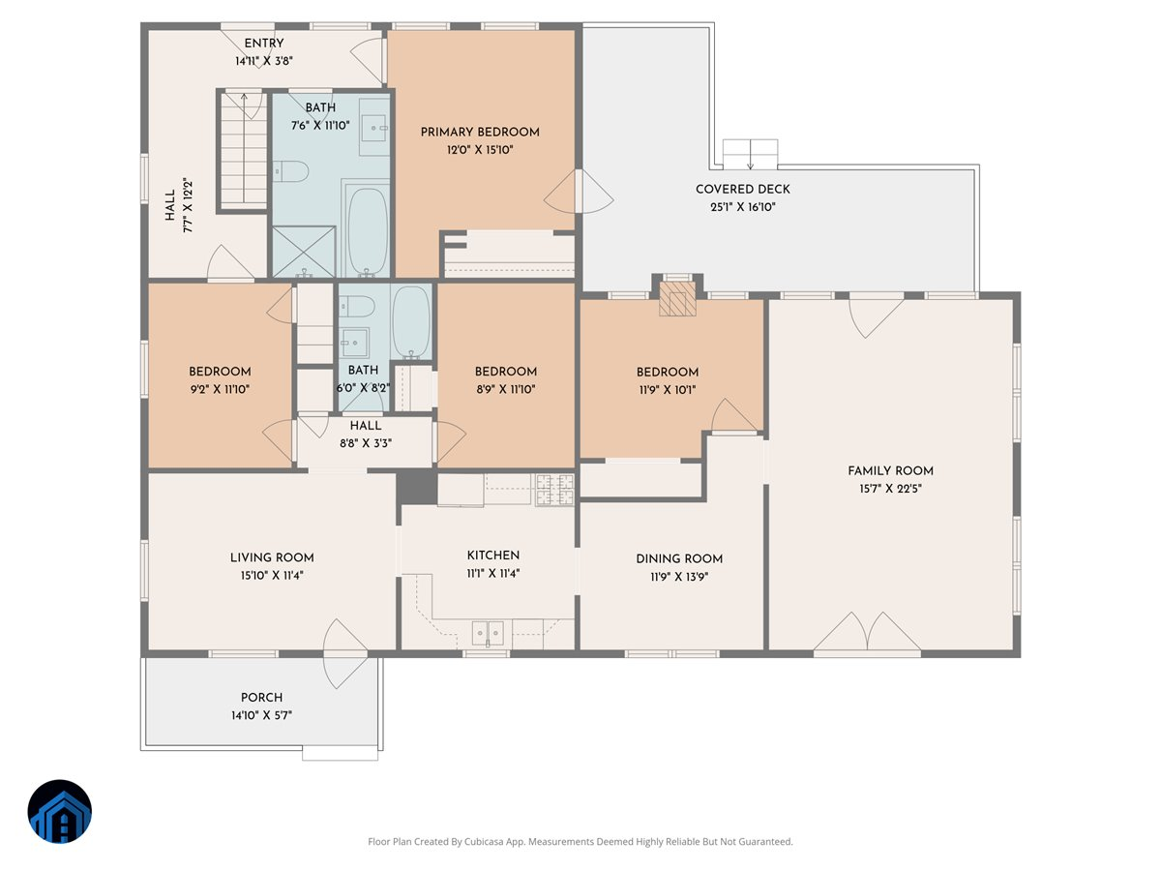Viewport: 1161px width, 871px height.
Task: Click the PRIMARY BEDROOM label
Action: coord(480,133)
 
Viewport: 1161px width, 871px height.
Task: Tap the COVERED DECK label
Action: coord(743,190)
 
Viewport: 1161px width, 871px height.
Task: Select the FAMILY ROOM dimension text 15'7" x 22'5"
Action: coord(890,489)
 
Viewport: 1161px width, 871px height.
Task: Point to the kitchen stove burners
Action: coord(554,490)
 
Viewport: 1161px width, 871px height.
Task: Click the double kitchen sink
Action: coord(488,633)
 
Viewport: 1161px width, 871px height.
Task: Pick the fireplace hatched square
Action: coord(677,299)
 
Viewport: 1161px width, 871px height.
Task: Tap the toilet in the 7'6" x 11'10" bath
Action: coord(290,171)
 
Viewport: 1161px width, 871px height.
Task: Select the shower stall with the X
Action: coord(304,252)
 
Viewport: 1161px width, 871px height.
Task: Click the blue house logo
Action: coord(60,811)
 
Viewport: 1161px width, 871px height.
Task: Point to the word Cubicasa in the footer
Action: coord(483,841)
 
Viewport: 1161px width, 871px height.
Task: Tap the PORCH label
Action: coord(261,698)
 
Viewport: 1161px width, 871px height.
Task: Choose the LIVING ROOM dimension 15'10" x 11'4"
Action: coord(272,576)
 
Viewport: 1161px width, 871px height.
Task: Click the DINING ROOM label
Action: coord(679,559)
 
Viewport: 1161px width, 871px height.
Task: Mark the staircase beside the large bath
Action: coord(244,152)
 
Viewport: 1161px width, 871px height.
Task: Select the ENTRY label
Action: coord(264,44)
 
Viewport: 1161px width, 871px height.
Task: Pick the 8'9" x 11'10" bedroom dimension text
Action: coord(506,390)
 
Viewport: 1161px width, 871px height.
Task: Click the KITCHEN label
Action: coord(493,556)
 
